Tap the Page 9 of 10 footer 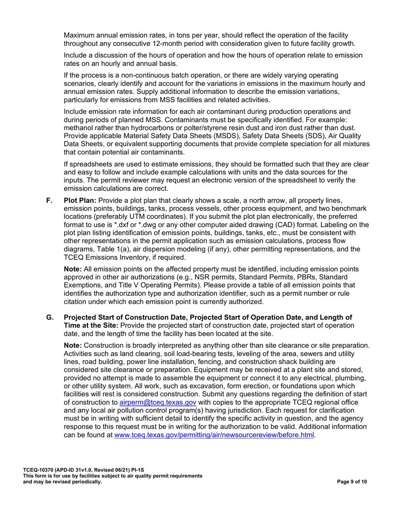(351, 482)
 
